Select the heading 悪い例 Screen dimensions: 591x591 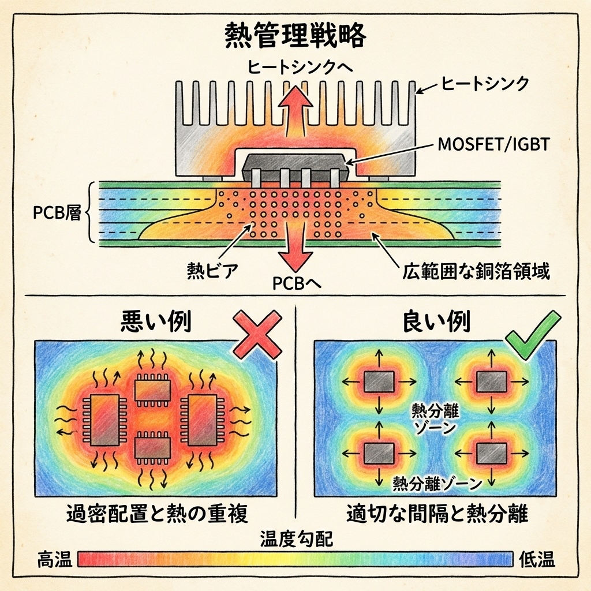tap(155, 321)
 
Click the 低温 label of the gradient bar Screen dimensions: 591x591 tap(537, 559)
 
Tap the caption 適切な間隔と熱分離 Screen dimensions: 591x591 tap(437, 513)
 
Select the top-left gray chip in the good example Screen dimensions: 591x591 tap(379, 381)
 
